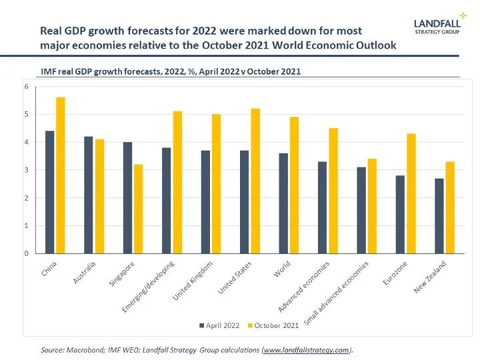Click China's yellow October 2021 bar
click(61, 175)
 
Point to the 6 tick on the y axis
click(26, 87)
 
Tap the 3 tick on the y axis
click(26, 170)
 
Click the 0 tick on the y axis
click(26, 253)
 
